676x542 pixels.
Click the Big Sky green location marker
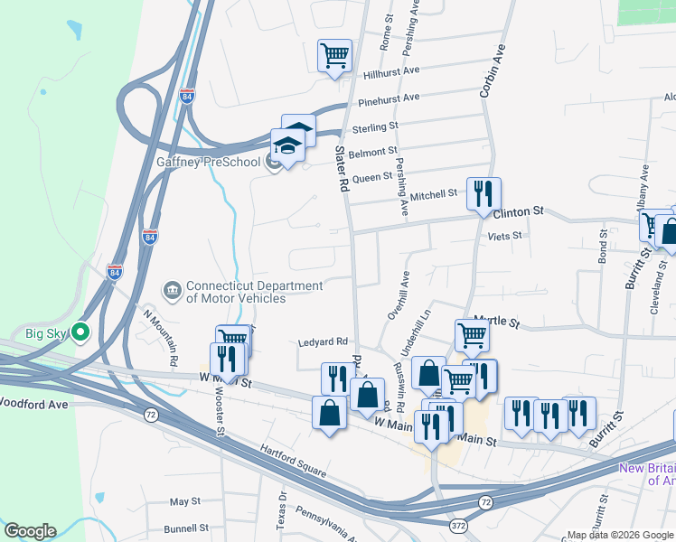point(80,333)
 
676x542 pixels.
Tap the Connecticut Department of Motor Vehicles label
point(254,292)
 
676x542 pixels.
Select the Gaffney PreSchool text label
point(208,163)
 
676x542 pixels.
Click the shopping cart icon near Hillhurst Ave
point(334,56)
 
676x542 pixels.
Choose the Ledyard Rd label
point(324,342)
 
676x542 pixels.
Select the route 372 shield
point(458,525)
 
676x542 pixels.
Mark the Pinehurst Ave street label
point(389,98)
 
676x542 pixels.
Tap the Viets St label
point(505,236)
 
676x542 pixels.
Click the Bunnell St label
point(186,528)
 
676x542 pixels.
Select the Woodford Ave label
point(34,404)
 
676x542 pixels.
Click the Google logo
point(30,531)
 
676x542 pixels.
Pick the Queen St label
point(372,177)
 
